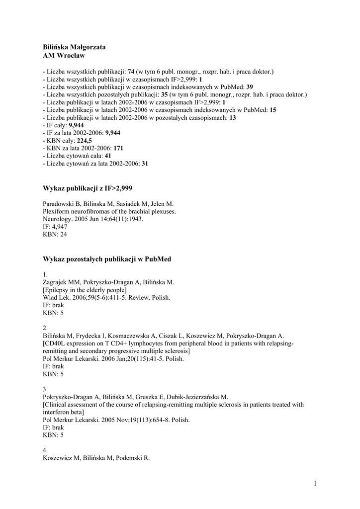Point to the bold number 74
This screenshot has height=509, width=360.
[131, 72]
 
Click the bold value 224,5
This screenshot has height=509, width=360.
[85, 141]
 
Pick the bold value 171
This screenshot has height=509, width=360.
[118, 148]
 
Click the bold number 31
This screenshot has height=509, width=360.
[145, 163]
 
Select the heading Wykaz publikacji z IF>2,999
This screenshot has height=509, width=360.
[88, 188]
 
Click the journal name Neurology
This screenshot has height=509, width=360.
[58, 219]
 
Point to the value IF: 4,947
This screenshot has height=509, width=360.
[55, 227]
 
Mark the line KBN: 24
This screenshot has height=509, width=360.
[55, 234]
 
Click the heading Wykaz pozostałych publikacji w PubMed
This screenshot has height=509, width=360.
[107, 259]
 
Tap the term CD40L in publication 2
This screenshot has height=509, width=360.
[55, 343]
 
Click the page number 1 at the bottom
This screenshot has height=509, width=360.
[315, 483]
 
